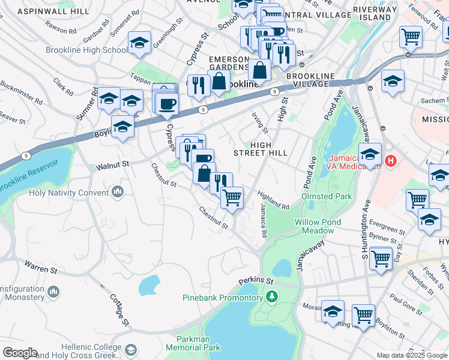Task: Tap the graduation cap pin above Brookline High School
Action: point(139,43)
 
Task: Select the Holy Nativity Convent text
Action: point(68,193)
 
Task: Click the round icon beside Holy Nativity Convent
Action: point(117,193)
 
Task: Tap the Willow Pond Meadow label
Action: point(318,226)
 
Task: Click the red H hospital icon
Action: point(391,161)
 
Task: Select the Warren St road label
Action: point(40,266)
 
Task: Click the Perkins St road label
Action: point(255,281)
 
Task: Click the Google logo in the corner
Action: point(19,353)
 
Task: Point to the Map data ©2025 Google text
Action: point(411,355)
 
